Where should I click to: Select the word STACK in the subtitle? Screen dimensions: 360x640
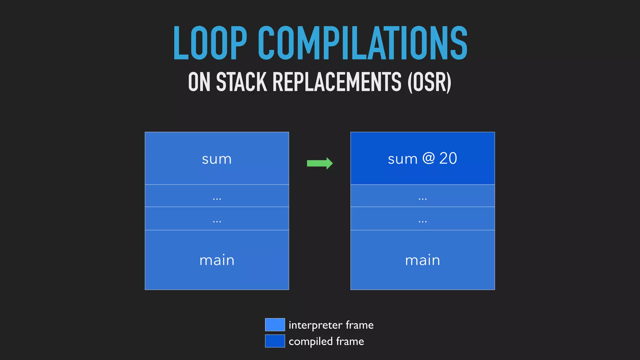pos(242,82)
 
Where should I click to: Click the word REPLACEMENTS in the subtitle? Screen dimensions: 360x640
pos(337,82)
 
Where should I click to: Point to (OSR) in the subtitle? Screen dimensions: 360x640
pos(429,82)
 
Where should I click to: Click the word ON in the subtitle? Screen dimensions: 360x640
pos(199,82)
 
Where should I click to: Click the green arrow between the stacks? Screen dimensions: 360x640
pos(320,163)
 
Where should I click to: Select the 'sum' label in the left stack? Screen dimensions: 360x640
pos(217,159)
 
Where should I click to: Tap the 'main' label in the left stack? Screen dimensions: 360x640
pos(217,260)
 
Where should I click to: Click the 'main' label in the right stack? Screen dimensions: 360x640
pos(422,260)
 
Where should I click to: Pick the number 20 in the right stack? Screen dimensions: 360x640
pos(448,158)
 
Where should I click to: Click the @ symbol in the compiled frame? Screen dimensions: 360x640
pos(428,158)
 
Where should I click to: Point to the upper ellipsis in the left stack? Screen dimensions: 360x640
pos(217,199)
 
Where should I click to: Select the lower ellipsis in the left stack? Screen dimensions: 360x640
pos(217,222)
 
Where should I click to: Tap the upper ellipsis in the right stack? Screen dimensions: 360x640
pos(422,199)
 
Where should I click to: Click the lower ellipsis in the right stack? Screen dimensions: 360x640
pos(422,222)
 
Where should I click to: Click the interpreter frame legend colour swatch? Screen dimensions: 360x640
pos(275,325)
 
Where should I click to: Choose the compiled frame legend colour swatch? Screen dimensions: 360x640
pos(275,341)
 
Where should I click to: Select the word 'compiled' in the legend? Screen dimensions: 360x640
pos(311,342)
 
